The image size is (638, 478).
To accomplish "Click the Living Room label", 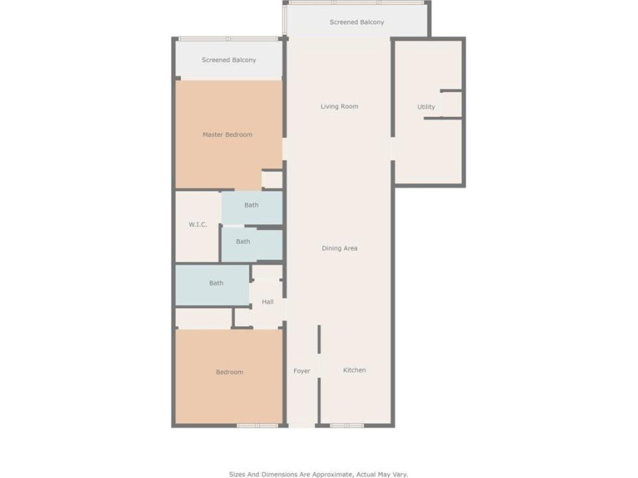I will pos(339,107).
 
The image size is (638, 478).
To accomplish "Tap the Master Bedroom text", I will pos(227,135).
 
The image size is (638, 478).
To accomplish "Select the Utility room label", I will pos(426,107).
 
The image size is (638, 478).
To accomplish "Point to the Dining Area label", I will pos(340,249).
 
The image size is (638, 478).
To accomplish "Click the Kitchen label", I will pos(354,370).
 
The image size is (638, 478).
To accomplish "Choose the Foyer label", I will pos(302,371).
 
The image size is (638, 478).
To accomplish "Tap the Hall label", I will pos(267,302).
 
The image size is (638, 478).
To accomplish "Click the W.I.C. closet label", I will pos(197,225).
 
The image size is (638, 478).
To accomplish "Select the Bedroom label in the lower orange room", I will pos(229,373).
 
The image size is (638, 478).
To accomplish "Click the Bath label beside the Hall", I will pos(216,284).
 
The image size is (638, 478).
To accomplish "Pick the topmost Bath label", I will pos(251,205).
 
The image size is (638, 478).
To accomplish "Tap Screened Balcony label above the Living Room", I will pos(356,23).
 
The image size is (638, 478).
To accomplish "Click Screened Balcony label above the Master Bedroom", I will pos(229,60).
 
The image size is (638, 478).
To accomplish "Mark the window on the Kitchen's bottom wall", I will pos(346,426).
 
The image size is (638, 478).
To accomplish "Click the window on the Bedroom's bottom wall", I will pos(257,426).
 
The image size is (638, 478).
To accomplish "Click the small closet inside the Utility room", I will pos(451,104).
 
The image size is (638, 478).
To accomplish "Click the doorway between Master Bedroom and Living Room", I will pos(285,148).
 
